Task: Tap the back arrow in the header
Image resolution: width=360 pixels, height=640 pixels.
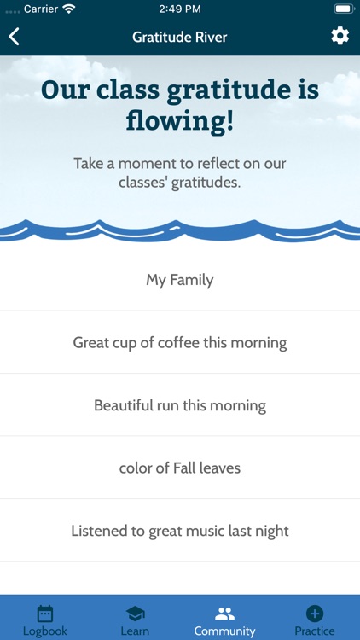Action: click(x=15, y=37)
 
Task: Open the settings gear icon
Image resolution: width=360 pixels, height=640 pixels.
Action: click(x=340, y=36)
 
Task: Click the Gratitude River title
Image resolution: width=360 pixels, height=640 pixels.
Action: click(x=180, y=38)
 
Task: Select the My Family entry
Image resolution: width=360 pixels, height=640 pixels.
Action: click(x=180, y=280)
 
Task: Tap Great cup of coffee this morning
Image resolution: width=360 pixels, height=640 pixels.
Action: click(x=180, y=343)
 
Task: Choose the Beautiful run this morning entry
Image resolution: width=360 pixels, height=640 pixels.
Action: click(x=180, y=405)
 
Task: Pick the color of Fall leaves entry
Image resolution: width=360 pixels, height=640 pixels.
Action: click(x=180, y=468)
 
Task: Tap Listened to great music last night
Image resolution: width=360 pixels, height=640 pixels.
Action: click(x=180, y=531)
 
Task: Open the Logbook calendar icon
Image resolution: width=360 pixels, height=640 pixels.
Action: click(x=45, y=613)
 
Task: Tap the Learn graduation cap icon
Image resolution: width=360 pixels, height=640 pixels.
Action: click(x=135, y=613)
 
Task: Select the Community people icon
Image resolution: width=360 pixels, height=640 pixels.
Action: click(x=224, y=613)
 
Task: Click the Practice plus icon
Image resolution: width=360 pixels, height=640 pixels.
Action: click(x=315, y=613)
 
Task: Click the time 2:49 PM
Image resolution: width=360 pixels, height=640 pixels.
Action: click(x=180, y=9)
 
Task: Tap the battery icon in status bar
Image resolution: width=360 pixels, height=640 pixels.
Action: click(x=344, y=9)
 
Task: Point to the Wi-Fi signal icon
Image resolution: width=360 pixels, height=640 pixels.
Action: click(x=69, y=9)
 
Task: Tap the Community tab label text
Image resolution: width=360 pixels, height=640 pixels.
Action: click(x=224, y=631)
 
